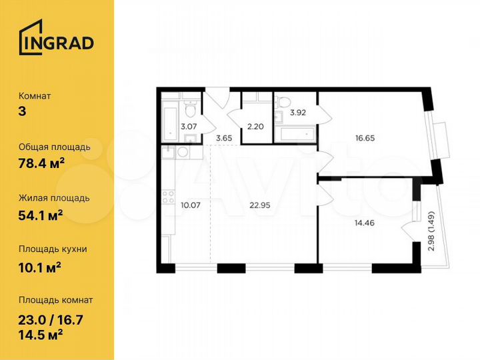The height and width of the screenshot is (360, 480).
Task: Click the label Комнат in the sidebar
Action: pos(35,96)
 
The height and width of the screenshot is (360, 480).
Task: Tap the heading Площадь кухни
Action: pos(53,249)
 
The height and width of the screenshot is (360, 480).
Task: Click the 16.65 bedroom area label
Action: pos(367,139)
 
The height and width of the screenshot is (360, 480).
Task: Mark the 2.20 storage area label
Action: pos(255,125)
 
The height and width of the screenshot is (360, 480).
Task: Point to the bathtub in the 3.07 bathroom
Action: pos(168,119)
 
